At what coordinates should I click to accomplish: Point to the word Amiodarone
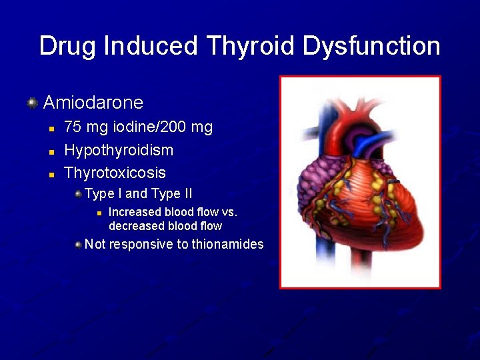pos(93,102)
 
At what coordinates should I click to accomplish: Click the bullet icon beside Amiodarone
pos(31,103)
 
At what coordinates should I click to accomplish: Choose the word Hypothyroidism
pos(119,150)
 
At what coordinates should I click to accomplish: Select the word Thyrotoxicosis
pos(115,173)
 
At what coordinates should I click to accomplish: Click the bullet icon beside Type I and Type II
pos(79,194)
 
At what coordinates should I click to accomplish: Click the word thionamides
pos(227,244)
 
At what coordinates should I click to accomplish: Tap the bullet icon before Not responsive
pos(79,245)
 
